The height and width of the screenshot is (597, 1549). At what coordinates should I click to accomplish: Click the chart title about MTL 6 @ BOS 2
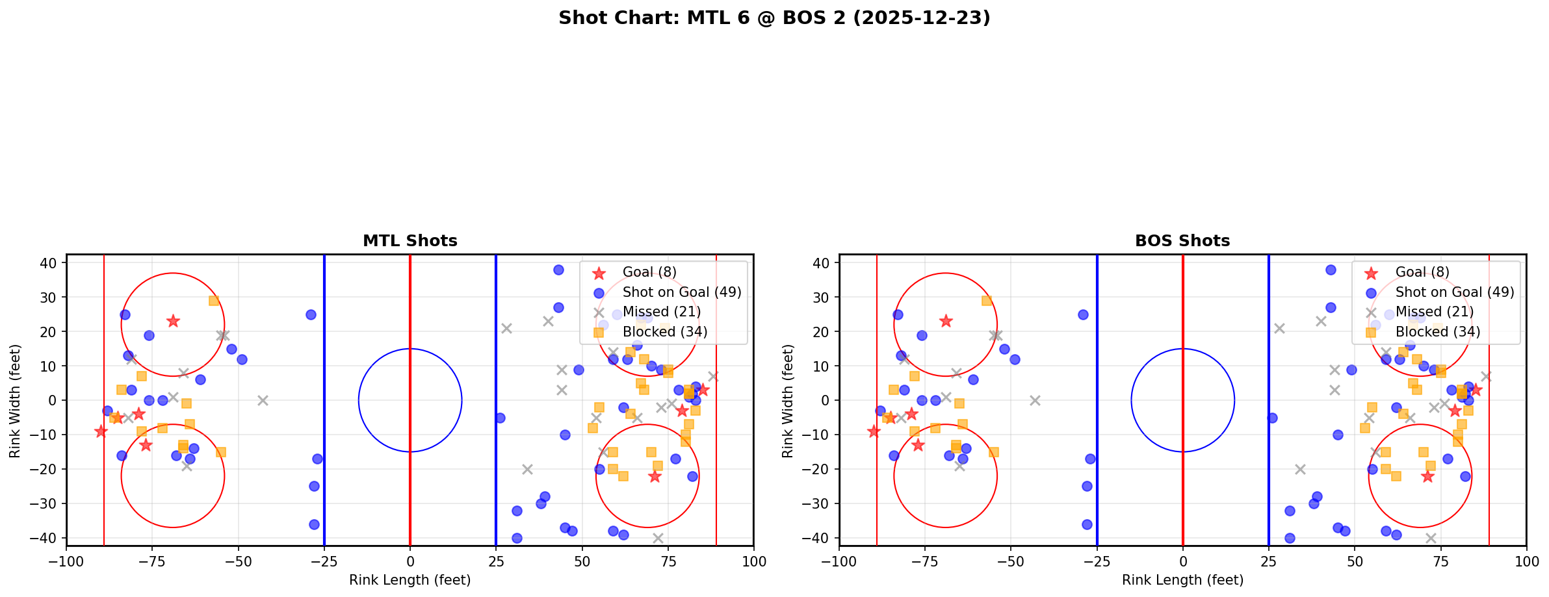click(x=774, y=18)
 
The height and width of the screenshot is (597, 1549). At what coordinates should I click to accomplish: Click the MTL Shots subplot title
click(x=410, y=241)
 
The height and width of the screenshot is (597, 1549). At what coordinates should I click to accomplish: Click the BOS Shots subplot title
click(x=1182, y=241)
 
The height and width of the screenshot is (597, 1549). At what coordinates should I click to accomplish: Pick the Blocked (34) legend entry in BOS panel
click(x=1437, y=332)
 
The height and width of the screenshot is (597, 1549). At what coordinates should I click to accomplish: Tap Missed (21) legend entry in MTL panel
click(x=661, y=312)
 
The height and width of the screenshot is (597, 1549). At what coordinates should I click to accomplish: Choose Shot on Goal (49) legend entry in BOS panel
click(x=1454, y=292)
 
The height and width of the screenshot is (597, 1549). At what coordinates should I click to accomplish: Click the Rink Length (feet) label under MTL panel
click(x=410, y=580)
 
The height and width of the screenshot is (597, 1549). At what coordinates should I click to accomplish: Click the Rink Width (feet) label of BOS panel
click(x=788, y=401)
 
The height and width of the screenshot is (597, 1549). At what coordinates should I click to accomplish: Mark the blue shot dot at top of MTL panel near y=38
click(x=558, y=270)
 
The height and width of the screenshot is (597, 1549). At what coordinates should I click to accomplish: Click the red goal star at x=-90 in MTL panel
click(x=101, y=431)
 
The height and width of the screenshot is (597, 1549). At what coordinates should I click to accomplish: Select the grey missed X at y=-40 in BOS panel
click(x=1430, y=538)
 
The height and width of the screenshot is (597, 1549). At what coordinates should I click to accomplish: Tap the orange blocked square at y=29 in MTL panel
click(x=214, y=301)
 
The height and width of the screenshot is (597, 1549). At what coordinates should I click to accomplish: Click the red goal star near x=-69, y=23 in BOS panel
click(x=946, y=321)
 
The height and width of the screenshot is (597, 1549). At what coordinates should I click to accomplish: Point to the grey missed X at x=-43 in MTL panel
click(x=263, y=400)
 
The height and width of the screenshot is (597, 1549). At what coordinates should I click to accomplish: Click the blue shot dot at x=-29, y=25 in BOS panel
click(x=1083, y=314)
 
